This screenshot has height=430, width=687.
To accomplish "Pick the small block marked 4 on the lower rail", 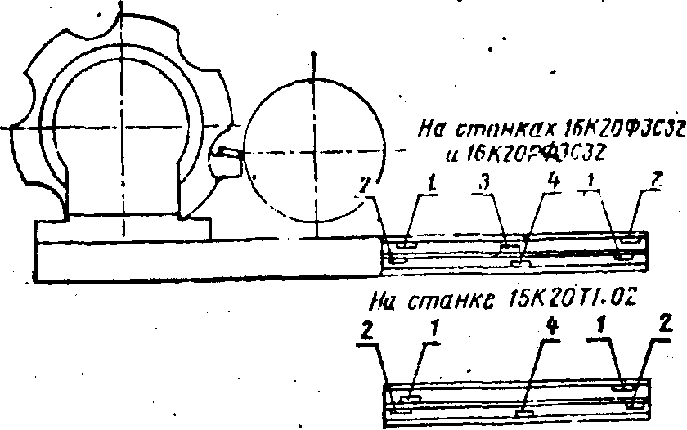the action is [521, 414].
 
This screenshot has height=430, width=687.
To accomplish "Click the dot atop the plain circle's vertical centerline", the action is [313, 56].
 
